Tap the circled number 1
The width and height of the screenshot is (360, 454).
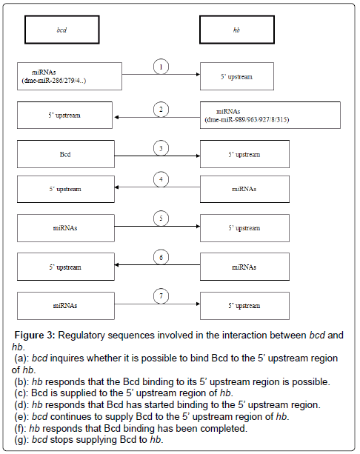[x=161, y=67]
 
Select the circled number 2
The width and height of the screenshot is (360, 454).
[x=161, y=110]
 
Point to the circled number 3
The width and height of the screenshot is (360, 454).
[x=161, y=148]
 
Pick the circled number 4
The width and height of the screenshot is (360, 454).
[x=161, y=179]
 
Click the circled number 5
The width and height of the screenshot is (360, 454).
[x=161, y=218]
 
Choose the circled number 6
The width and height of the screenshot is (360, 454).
[x=161, y=257]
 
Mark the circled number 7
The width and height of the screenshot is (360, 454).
[x=161, y=296]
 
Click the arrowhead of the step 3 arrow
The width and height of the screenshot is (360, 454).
[x=199, y=156]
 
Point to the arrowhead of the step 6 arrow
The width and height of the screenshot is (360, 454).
[x=116, y=264]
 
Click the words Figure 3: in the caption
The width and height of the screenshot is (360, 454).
[x=35, y=335]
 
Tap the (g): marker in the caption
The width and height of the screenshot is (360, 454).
[x=21, y=439]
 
